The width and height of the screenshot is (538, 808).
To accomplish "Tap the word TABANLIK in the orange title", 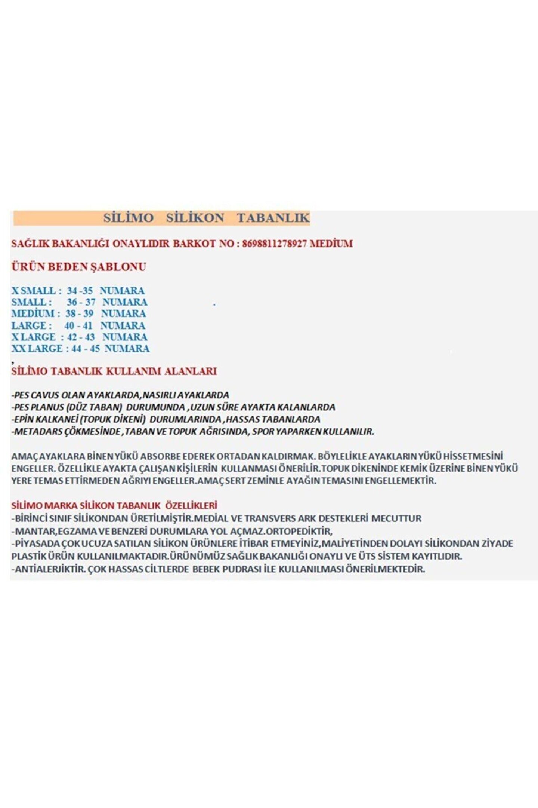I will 273,218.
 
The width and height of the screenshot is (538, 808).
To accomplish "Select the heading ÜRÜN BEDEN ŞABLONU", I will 79,267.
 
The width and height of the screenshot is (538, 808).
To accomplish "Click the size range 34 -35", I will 80,291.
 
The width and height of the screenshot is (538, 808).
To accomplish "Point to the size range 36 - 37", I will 81,302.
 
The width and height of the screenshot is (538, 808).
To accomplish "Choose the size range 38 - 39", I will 79,313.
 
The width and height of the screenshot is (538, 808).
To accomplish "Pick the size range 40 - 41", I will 78,325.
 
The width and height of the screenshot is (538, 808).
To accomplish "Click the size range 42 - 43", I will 81,337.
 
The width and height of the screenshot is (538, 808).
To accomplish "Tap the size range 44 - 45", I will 86,349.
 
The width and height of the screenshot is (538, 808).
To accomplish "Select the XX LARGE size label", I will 37,349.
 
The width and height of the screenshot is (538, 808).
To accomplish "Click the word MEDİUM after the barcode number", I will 331,244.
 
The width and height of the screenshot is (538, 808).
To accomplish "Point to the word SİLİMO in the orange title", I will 129,218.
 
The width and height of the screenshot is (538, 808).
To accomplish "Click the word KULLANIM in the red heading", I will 134,371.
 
